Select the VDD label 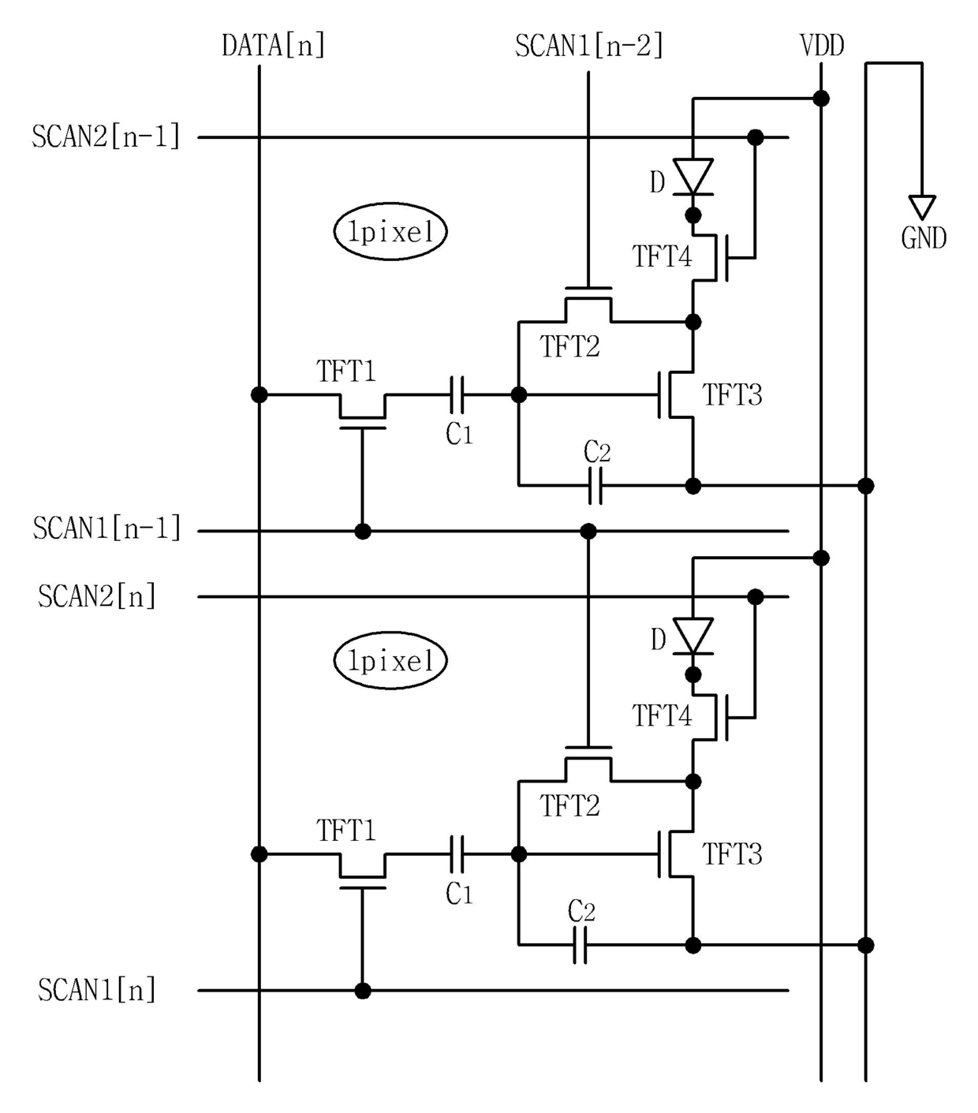click(822, 45)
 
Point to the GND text click(924, 238)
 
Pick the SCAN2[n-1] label click(106, 136)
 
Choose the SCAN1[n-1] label click(106, 528)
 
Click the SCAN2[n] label click(97, 596)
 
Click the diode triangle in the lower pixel click(692, 636)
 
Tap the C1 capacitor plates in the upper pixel click(457, 394)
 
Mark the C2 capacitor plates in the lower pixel click(580, 945)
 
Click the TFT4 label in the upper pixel click(662, 256)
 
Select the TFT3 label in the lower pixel click(732, 854)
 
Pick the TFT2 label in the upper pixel click(569, 346)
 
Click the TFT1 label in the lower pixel click(346, 830)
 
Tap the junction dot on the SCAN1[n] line click(363, 991)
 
